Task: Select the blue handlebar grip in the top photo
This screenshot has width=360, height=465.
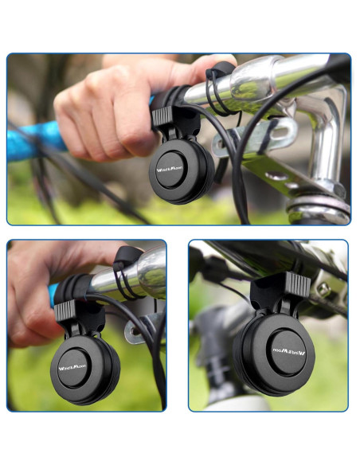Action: (x=32, y=143)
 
